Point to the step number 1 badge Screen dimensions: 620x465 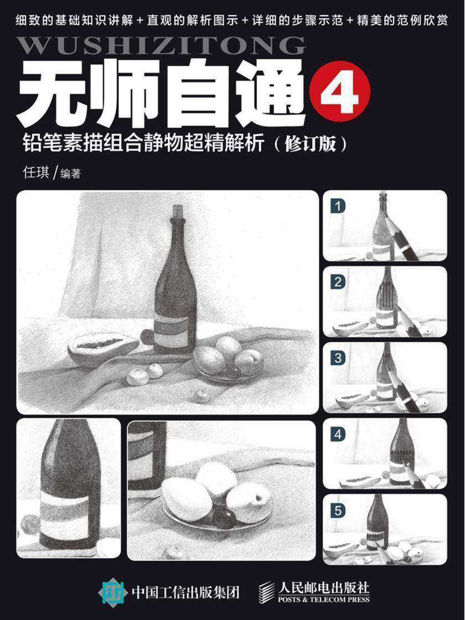[338, 206]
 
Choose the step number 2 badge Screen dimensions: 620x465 [338, 282]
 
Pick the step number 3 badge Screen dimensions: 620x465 [338, 358]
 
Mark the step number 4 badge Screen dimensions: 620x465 [338, 435]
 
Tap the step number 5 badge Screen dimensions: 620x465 [338, 510]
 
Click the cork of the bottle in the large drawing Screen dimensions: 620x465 [178, 211]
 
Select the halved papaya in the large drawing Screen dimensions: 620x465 [102, 348]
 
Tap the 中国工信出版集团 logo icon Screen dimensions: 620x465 [113, 592]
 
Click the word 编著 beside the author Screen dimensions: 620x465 [70, 174]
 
